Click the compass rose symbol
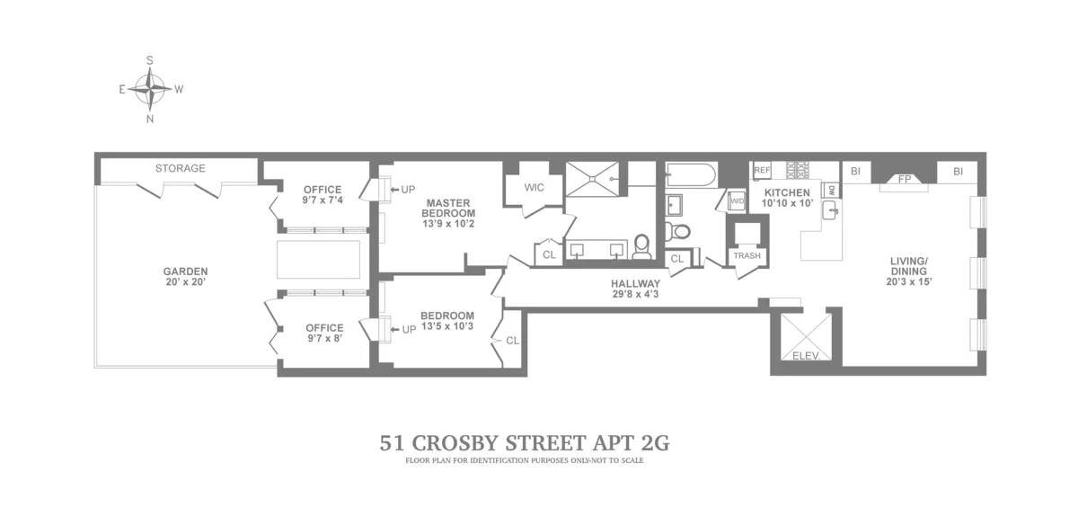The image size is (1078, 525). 150,89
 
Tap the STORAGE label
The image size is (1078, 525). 180,168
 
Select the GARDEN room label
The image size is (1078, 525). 185,276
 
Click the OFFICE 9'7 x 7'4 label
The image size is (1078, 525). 323,194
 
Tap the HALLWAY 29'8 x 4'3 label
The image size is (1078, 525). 630,288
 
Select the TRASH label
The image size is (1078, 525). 747,256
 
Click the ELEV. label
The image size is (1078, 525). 805,356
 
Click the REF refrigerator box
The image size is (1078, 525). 763,170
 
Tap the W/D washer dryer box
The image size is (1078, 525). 737,201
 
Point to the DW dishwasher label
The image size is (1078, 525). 831,191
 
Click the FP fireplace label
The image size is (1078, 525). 904,179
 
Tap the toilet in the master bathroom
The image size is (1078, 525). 641,246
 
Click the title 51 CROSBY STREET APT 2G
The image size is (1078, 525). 525,443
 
